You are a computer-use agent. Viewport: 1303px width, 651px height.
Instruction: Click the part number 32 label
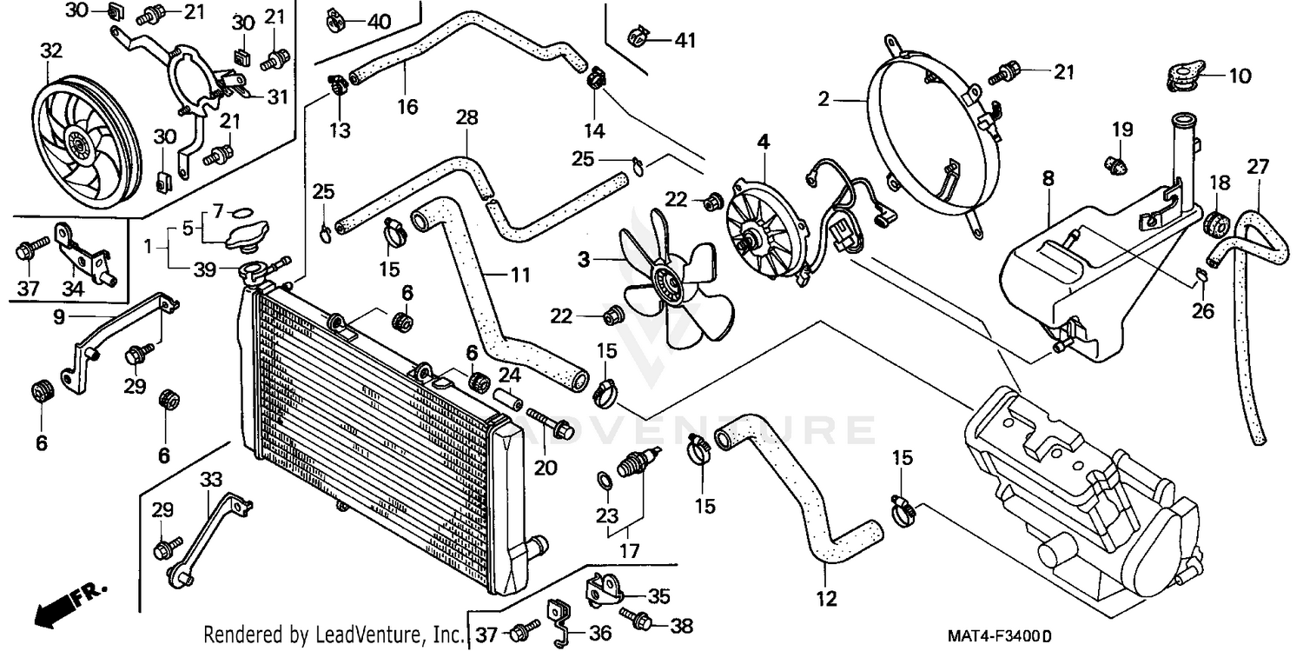51,51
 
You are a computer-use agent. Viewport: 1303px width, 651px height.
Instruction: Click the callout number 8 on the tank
1048,179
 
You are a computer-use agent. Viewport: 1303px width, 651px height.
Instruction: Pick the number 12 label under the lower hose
826,598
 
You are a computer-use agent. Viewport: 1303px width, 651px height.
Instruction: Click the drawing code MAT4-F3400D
998,635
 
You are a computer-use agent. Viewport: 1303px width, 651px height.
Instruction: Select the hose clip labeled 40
334,17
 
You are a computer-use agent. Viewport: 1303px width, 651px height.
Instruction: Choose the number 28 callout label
466,117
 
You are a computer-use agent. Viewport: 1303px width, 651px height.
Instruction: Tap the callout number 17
629,550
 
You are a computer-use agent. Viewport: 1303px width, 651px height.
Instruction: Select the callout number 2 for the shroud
823,99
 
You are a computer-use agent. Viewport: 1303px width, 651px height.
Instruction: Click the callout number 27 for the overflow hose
1259,166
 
